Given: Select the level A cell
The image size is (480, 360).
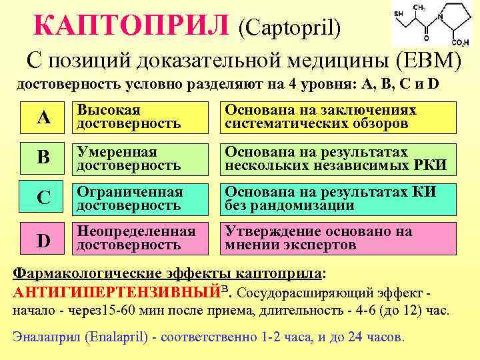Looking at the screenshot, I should [x=43, y=118].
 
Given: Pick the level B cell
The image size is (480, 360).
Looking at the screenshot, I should [x=43, y=158].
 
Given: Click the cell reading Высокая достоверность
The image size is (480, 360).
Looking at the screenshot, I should [x=139, y=117].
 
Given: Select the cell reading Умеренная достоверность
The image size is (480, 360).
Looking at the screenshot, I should [x=139, y=158].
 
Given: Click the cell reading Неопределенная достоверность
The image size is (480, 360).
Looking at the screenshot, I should [x=139, y=239].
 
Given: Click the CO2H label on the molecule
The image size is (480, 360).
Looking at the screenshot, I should [x=459, y=43].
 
